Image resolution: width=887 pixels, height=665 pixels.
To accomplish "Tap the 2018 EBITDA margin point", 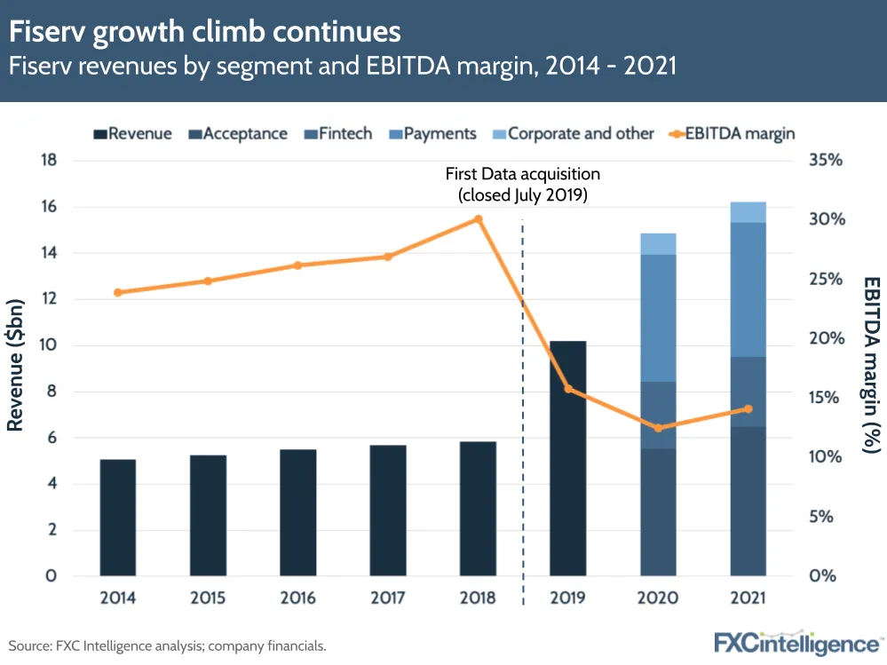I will (x=478, y=219).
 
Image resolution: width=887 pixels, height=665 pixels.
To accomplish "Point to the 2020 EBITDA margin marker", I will (x=658, y=428).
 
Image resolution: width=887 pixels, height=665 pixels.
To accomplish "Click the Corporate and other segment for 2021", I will (x=748, y=212).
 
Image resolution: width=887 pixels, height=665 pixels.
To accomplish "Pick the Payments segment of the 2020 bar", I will (x=658, y=318).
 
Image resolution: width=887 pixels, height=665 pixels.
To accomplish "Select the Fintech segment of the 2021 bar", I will (x=748, y=392).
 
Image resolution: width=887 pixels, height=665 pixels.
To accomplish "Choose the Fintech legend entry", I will (x=338, y=134).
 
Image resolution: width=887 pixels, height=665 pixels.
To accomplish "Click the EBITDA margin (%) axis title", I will (x=871, y=365).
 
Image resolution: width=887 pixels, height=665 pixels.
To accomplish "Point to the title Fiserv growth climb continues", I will (x=205, y=32).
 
